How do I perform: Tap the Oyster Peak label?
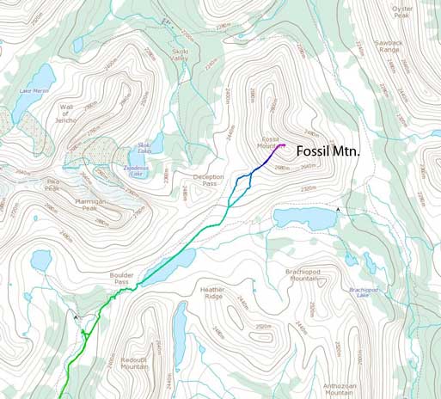click(402, 11)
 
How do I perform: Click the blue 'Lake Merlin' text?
click(34, 89)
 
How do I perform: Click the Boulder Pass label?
click(120, 279)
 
